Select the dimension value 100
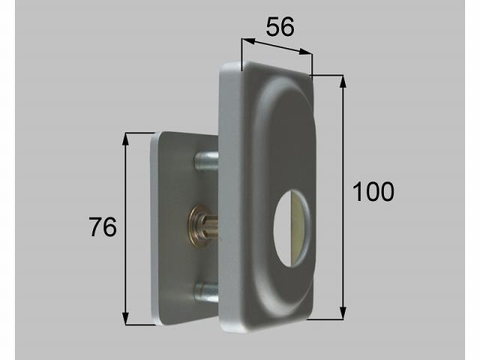pyautogui.click(x=373, y=192)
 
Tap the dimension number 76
pyautogui.click(x=102, y=226)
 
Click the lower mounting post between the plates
pyautogui.click(x=206, y=291)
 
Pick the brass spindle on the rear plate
pyautogui.click(x=202, y=225)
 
